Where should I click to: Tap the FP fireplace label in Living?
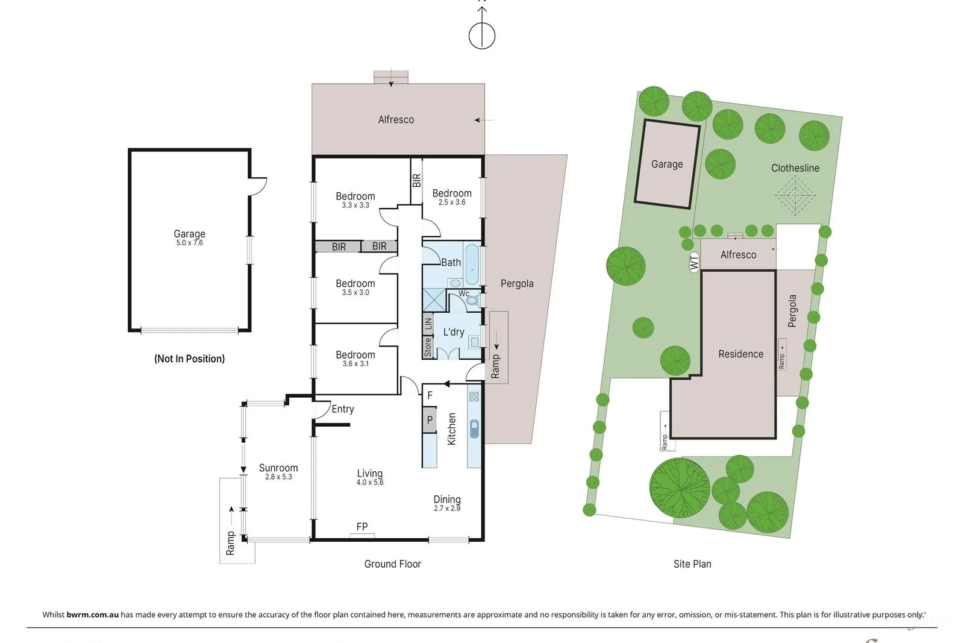362,527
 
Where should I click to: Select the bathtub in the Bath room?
472,264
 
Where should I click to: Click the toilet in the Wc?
473,300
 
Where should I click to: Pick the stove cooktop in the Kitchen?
474,397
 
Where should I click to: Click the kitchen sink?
474,428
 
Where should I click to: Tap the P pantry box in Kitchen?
430,420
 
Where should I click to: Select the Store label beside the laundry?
428,347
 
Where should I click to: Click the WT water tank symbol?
694,262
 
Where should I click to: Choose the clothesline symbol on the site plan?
795,195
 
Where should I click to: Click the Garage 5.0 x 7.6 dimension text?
189,243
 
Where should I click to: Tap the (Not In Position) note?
189,359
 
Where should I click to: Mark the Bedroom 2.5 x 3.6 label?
452,198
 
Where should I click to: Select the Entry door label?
342,409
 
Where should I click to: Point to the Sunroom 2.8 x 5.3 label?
278,472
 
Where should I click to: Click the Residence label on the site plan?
740,354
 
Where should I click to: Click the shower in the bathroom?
433,300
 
